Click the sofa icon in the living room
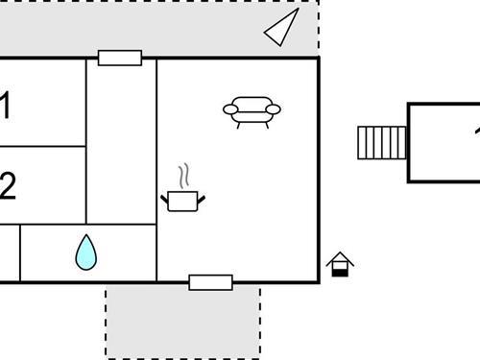pos(252,111)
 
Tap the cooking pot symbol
pos(181,200)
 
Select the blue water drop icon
pos(86,252)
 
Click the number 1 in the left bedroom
pos(5,106)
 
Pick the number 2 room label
pos(7,185)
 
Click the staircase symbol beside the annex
pos(382,143)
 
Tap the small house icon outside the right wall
pos(340,264)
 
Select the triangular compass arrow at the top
pos(280,28)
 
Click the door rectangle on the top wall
pos(120,58)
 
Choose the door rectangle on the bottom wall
pos(210,282)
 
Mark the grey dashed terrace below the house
pos(182,322)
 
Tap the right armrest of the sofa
pos(274,109)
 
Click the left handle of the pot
pos(164,199)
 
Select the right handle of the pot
pos(200,198)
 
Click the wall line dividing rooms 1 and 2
pos(43,147)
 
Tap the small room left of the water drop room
pos(9,253)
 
